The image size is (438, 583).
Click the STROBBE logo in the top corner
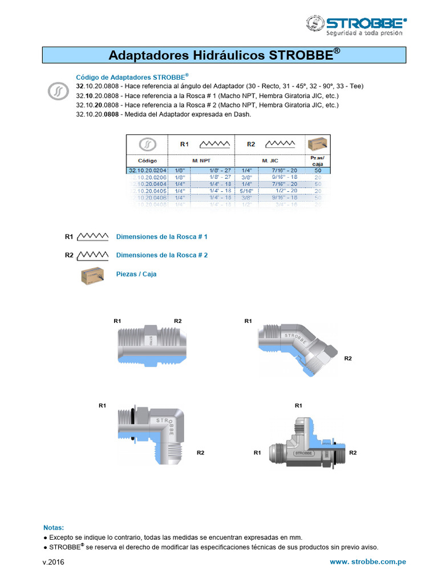(x=356, y=25)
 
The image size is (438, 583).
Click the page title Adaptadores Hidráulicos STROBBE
(x=224, y=55)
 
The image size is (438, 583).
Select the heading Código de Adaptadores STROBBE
(x=132, y=77)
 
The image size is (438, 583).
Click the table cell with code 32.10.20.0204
(x=147, y=170)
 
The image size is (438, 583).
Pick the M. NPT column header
(x=201, y=161)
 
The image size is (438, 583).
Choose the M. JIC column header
(x=269, y=161)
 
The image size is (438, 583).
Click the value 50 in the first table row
(x=318, y=170)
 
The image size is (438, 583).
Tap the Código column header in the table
(x=147, y=161)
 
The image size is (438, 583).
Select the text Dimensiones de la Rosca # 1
(x=162, y=236)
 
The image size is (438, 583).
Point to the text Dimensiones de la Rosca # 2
(x=162, y=255)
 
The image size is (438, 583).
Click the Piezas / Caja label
(x=136, y=274)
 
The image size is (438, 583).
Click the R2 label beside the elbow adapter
(x=200, y=453)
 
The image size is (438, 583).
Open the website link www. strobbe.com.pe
(x=368, y=562)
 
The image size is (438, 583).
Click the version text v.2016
(x=54, y=563)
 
